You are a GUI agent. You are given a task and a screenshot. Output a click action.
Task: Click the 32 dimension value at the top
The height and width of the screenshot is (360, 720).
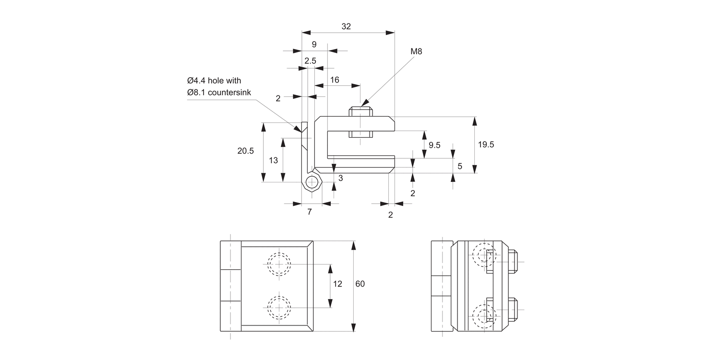(x=346, y=27)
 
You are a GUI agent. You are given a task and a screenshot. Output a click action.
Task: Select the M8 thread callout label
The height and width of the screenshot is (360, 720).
(x=416, y=51)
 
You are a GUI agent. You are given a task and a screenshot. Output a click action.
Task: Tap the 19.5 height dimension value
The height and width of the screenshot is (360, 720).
(x=485, y=144)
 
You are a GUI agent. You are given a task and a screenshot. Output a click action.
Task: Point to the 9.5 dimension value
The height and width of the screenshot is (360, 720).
(x=434, y=145)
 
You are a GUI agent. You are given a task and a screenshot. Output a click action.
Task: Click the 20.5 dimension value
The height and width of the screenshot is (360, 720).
(x=245, y=151)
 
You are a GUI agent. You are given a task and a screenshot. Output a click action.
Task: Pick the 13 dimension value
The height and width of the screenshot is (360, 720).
(x=273, y=160)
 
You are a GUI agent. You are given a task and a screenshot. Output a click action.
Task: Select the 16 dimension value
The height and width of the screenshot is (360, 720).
(x=335, y=80)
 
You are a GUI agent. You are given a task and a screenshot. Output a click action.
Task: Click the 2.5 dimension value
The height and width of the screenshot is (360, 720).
(x=310, y=61)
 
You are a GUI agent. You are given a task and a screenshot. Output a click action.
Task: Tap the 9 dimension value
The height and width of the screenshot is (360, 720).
(x=314, y=45)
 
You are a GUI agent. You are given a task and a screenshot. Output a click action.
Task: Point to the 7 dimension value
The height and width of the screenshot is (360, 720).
(x=310, y=211)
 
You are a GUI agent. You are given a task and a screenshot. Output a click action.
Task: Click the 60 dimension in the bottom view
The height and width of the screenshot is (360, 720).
(x=360, y=284)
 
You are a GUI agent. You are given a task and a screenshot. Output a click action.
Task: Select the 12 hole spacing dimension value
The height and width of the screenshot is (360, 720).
(x=337, y=284)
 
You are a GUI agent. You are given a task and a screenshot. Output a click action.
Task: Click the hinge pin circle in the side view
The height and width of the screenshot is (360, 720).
(x=312, y=182)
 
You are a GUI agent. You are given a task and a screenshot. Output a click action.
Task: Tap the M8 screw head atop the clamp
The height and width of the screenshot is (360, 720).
(x=360, y=112)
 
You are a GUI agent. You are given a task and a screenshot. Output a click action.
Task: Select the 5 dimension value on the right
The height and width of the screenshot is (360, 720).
(x=460, y=166)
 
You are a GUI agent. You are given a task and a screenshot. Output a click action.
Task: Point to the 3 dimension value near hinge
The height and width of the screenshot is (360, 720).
(x=340, y=178)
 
